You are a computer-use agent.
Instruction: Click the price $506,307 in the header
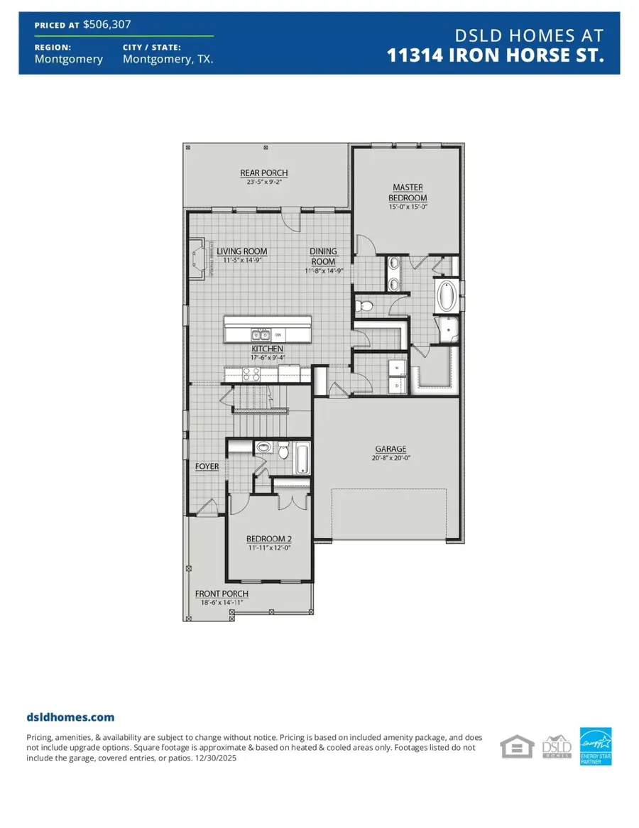tap(106, 23)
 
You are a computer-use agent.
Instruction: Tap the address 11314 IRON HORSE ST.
tap(496, 56)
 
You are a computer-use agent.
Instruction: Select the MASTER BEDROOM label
tap(408, 192)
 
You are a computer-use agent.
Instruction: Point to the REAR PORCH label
tap(263, 173)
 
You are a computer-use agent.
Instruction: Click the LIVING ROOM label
tap(241, 251)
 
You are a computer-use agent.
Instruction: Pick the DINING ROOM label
tap(323, 256)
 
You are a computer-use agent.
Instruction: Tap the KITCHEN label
tap(267, 349)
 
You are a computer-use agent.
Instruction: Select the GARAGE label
tap(390, 449)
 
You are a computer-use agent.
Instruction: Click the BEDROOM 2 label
tap(268, 538)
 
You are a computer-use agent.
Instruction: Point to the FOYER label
tap(207, 467)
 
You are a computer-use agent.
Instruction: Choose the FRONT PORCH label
tap(222, 594)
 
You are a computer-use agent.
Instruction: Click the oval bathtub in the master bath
tap(446, 297)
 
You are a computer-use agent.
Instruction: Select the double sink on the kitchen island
tap(258, 334)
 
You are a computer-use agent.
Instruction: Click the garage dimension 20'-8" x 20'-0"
tap(390, 459)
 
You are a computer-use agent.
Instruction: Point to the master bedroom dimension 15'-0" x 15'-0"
tap(408, 207)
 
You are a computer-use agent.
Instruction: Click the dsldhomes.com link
tap(70, 717)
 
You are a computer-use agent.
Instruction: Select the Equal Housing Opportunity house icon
tap(517, 746)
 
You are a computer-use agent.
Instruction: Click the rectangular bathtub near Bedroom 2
tap(301, 459)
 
